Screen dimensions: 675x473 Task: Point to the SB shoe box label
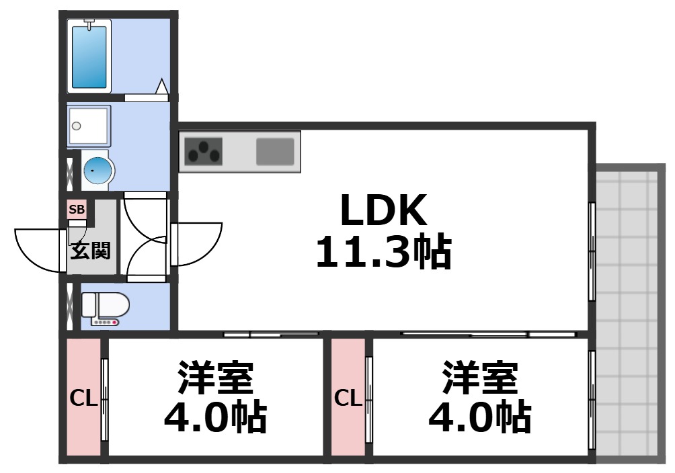pyautogui.click(x=77, y=210)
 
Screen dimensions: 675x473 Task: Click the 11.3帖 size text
pyautogui.click(x=383, y=253)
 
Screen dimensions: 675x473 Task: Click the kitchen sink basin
pyautogui.click(x=275, y=151)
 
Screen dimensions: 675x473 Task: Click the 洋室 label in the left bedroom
pyautogui.click(x=215, y=378)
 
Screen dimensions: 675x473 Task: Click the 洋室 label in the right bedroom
pyautogui.click(x=479, y=378)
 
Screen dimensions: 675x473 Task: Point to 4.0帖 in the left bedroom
pyautogui.click(x=215, y=418)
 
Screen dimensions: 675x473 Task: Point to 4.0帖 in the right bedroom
pyautogui.click(x=479, y=418)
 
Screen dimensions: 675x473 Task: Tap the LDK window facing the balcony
pyautogui.click(x=592, y=252)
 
